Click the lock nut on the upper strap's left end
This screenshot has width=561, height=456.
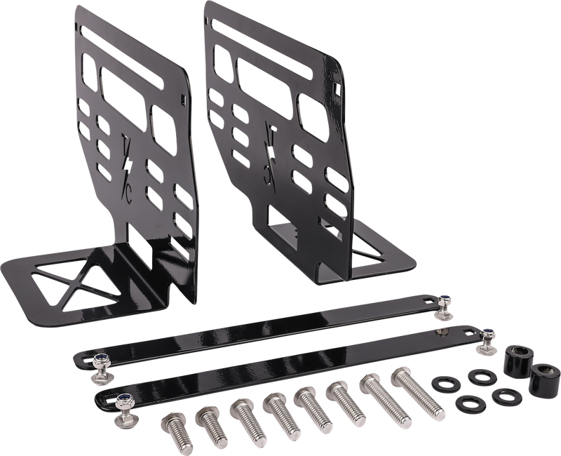(100, 361)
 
